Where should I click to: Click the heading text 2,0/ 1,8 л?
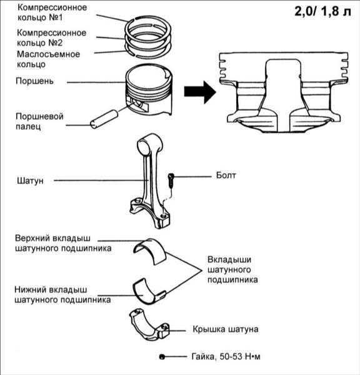pos(322,11)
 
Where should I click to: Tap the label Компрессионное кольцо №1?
pos(52,12)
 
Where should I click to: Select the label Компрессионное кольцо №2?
pos(51,37)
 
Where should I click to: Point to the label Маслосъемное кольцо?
pos(48,59)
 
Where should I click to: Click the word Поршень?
pos(34,81)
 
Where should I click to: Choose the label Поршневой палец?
pos(39,121)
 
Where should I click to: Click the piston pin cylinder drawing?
pos(104,119)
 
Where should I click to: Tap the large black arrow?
pos(200,92)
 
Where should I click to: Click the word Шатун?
pos(30,181)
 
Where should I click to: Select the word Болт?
pos(226,175)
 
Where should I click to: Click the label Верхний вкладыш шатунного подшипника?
pos(63,243)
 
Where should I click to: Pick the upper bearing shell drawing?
pos(150,252)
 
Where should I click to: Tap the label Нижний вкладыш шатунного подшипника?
pos(62,294)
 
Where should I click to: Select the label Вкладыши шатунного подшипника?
pos(232,270)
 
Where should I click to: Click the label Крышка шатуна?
pos(226,329)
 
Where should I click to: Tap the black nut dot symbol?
pos(162,357)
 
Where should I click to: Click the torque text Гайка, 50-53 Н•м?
pos(226,357)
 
